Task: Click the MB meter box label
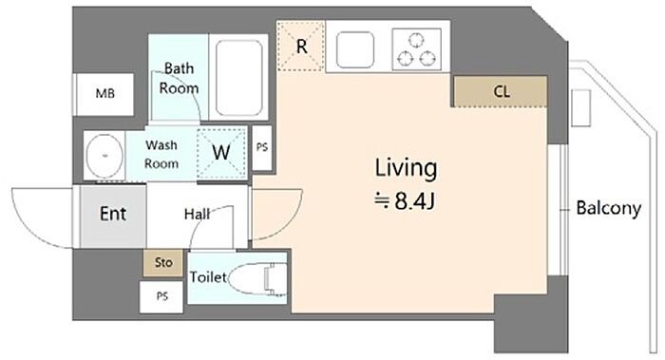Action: [105, 93]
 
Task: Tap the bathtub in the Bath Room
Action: [238, 78]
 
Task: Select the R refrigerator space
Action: [301, 47]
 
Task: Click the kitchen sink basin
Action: [355, 49]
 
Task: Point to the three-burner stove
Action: [416, 49]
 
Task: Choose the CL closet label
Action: [502, 91]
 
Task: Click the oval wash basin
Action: [104, 156]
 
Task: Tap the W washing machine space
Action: [221, 152]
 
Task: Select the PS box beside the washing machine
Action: [262, 147]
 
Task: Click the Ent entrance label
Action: [113, 214]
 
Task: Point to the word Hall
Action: [198, 214]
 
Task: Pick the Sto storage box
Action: [163, 263]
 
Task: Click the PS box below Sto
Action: [161, 296]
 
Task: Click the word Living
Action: [406, 168]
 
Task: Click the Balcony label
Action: [609, 209]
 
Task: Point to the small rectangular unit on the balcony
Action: [580, 108]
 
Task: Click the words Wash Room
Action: [161, 154]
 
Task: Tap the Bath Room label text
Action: [179, 78]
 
